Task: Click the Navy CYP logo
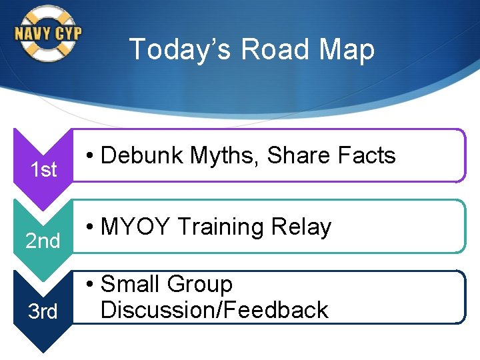pos(47,33)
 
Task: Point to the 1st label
pos(43,170)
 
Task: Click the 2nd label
pos(43,241)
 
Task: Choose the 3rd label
pos(43,311)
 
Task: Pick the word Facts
pos(367,155)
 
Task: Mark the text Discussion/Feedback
pos(214,310)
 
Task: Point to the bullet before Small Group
pos(89,285)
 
